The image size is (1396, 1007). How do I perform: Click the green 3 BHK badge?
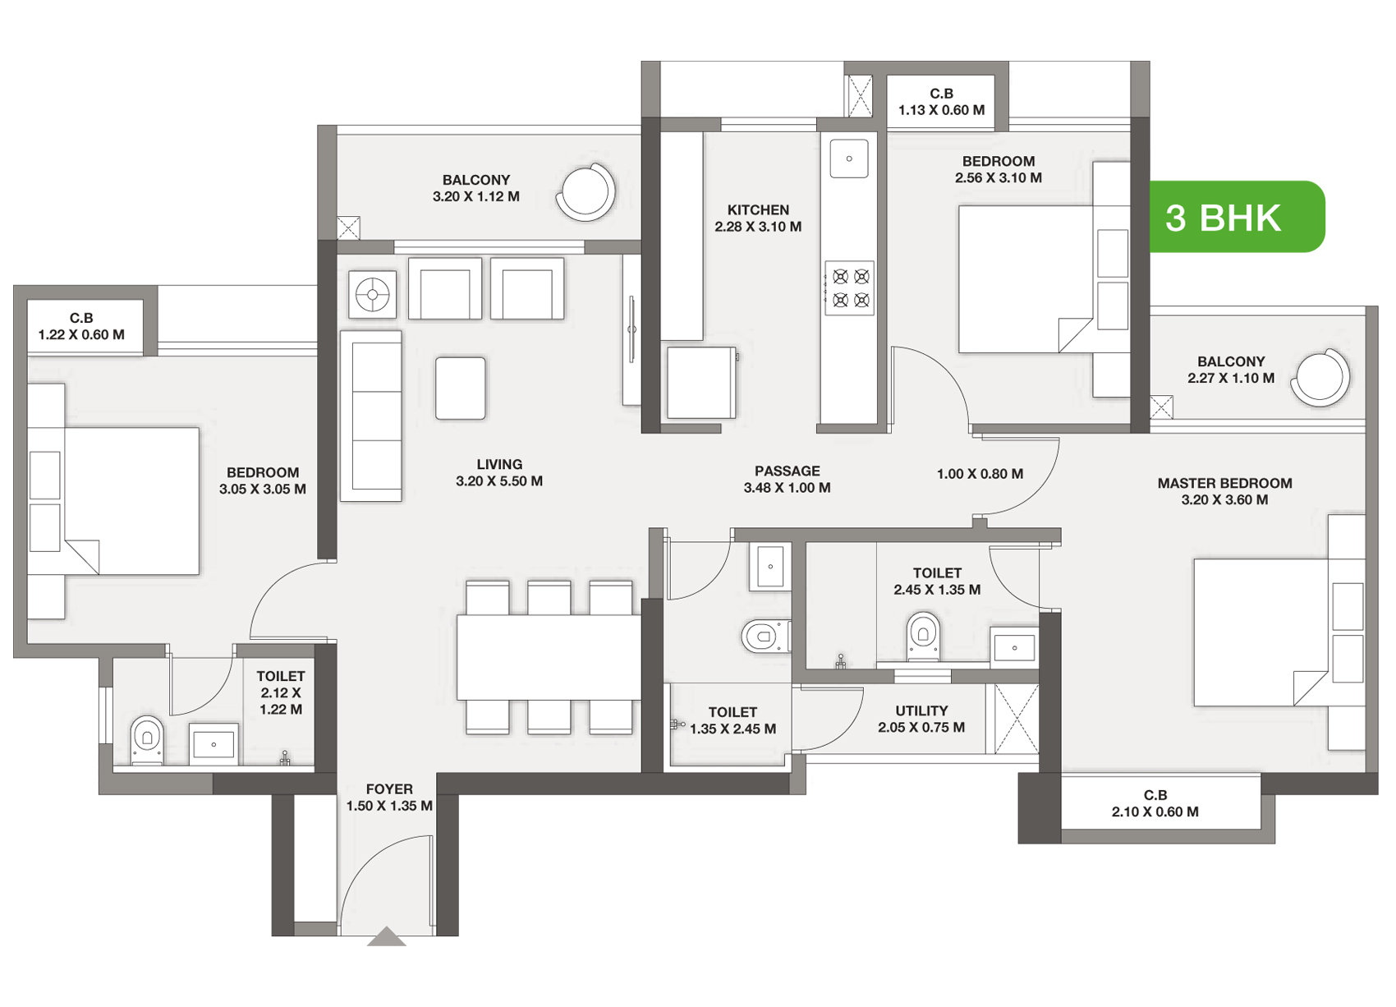pos(1237,216)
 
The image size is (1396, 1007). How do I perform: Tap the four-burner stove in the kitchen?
pos(849,287)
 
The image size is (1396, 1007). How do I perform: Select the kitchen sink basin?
pos(849,159)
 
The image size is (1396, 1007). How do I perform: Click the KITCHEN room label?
pos(758,209)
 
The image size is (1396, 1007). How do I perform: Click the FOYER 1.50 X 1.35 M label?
pos(389,797)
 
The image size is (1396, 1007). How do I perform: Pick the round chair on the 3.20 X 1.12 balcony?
pos(585,192)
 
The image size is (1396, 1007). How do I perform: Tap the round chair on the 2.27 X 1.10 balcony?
pos(1320,377)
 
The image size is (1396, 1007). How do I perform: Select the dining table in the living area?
pos(549,657)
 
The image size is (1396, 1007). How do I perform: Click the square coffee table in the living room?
pos(461,388)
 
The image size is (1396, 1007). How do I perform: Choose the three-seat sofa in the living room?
pos(371,416)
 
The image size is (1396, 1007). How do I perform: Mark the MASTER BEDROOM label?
pos(1224,483)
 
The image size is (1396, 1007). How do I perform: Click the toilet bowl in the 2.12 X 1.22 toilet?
pos(147,739)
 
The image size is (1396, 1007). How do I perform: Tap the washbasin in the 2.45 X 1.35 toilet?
pos(1014,648)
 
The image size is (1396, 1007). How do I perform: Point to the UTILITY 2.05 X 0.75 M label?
pos(921,719)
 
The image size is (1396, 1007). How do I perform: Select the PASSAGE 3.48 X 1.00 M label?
pos(788,479)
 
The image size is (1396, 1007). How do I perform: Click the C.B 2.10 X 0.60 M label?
pos(1155,803)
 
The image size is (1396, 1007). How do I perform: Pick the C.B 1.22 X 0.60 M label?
pos(81,326)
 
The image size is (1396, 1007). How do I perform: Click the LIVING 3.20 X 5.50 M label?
pos(499,472)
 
